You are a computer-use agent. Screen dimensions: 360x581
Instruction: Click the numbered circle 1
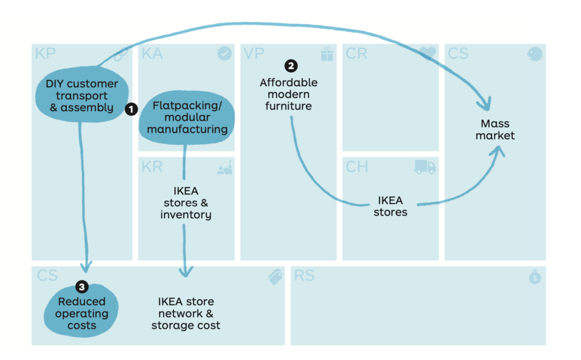coord(131,109)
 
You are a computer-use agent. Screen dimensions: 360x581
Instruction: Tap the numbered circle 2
coord(291,66)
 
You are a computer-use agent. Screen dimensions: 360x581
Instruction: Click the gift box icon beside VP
coord(327,54)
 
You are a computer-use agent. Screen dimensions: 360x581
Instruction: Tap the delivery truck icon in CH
coord(425,167)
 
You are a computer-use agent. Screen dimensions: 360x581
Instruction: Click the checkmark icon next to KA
coord(225,54)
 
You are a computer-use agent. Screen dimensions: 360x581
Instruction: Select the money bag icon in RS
coord(535,277)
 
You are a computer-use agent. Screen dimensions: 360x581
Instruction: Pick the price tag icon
coord(275,277)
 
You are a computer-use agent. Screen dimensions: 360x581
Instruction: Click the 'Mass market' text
coord(495,130)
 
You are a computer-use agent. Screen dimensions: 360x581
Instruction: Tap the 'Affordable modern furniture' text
coord(289,94)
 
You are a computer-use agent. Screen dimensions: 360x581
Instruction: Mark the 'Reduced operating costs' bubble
coord(82,314)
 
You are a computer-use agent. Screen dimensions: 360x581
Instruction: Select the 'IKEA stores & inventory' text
coord(186,203)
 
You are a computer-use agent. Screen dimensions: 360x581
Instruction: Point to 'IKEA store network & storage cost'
coord(186,314)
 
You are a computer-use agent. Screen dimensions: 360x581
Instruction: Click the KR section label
coord(152,167)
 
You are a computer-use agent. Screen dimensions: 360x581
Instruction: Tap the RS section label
coord(304,276)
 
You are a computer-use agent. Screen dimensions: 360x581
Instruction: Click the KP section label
coord(46,54)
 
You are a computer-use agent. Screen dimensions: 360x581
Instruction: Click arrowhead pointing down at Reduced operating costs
coord(86,266)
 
